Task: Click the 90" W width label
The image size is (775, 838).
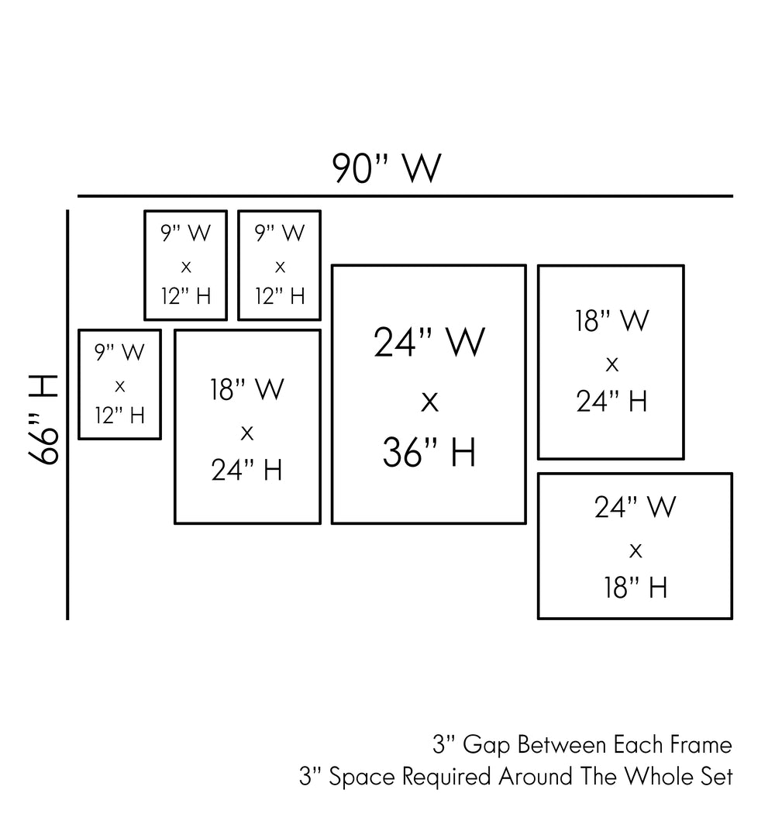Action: [x=387, y=167]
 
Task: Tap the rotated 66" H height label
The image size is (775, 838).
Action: [x=44, y=419]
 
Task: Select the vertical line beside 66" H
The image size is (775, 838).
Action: [x=68, y=415]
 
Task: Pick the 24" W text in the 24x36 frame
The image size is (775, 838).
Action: [x=429, y=343]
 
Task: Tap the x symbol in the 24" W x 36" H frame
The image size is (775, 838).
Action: [x=429, y=402]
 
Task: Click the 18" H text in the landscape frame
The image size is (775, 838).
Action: [x=635, y=588]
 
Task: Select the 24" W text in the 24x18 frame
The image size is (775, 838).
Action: [x=635, y=507]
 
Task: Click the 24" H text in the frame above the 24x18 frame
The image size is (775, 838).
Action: [x=611, y=401]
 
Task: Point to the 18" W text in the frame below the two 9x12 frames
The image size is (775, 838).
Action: [x=246, y=389]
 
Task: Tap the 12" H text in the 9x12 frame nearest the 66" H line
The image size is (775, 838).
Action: [x=120, y=416]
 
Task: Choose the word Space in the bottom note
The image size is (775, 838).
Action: [x=361, y=777]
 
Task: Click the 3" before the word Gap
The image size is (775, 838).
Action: [x=443, y=746]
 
